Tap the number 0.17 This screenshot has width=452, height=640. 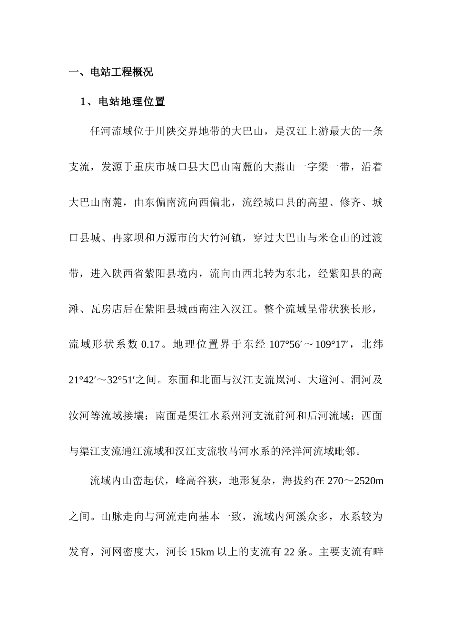150,344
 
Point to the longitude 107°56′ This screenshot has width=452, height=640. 285,344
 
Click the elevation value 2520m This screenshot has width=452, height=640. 369,481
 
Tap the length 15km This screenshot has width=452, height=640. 203,552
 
